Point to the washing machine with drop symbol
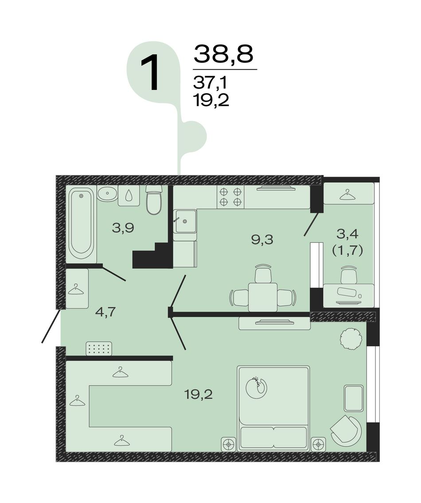coord(129,196)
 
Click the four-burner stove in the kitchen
coord(230,197)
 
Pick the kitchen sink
coord(184,221)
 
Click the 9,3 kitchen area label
coord(262,239)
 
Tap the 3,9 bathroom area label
coord(123,228)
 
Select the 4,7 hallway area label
coord(105,312)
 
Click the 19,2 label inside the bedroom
coord(199,394)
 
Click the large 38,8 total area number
coord(224,54)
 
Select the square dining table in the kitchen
coord(263,297)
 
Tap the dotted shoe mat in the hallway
coord(99,348)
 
